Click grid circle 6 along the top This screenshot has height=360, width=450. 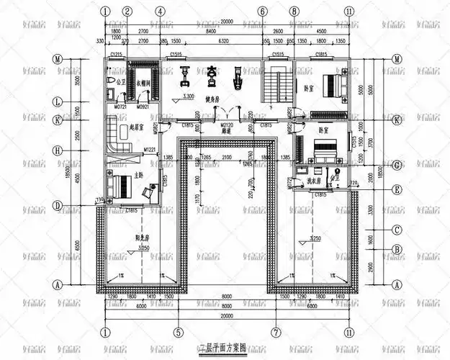click(263, 12)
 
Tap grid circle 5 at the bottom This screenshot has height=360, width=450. click(176, 333)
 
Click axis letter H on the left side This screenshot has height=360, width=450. click(56, 150)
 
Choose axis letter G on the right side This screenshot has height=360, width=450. click(397, 165)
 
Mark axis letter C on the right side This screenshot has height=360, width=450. click(397, 230)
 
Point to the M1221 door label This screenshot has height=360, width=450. click(149, 150)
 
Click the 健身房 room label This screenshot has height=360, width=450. click(212, 99)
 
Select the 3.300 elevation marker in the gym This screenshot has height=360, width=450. click(189, 96)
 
